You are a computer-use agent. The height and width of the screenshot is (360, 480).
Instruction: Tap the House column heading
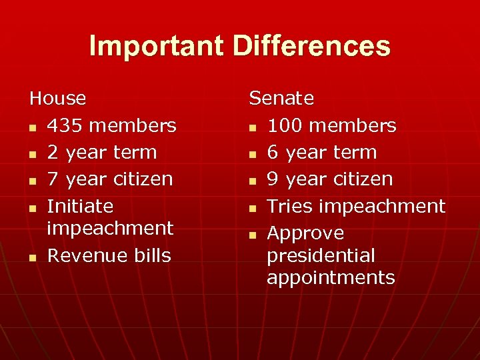point(58,99)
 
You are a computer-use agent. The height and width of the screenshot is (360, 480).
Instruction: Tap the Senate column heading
point(281,99)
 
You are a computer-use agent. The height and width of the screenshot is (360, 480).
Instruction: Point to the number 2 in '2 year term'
point(53,152)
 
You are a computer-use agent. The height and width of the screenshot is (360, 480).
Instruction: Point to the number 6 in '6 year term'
point(273,152)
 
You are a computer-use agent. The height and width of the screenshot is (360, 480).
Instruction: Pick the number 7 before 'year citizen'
point(53,179)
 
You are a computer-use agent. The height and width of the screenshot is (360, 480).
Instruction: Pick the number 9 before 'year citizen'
point(273,179)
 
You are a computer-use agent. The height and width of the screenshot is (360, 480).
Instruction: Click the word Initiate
point(80,206)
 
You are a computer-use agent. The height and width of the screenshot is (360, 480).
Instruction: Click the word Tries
point(291,206)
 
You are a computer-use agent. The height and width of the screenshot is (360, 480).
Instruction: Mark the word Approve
point(305,233)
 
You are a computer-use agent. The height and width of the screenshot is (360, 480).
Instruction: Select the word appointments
point(331,277)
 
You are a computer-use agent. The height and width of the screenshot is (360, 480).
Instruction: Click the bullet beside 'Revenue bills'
point(33,257)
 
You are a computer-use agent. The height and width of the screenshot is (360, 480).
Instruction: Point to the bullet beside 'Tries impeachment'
point(253,208)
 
